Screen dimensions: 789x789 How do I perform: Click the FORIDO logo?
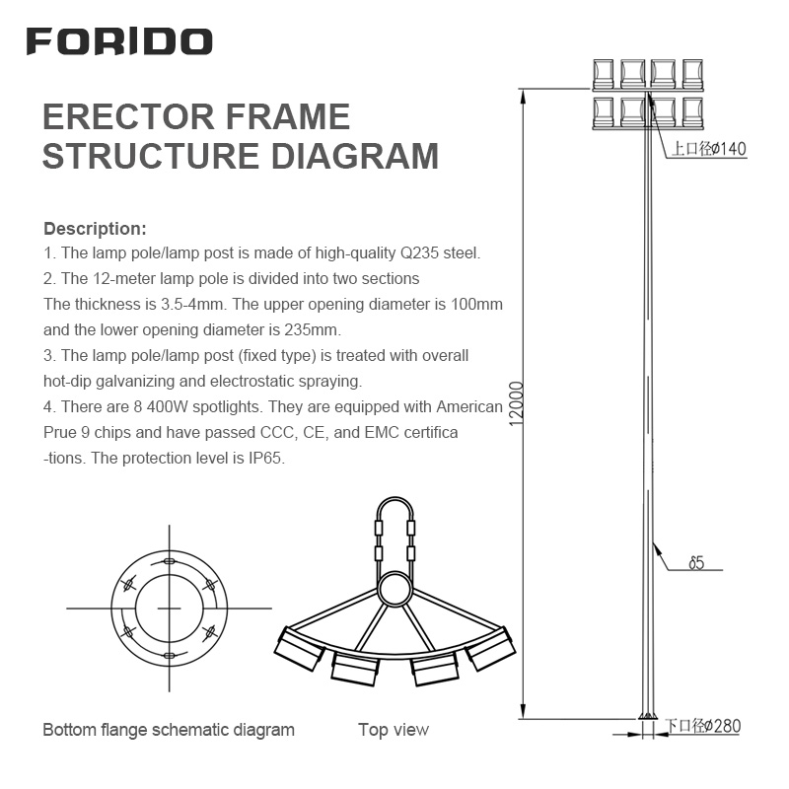tap(118, 41)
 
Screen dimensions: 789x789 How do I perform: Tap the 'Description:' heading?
tap(95, 229)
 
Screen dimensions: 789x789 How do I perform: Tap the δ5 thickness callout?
tap(695, 564)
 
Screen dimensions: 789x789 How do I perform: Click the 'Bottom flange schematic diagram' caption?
tap(168, 730)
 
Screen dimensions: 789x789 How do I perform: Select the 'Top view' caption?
tap(394, 730)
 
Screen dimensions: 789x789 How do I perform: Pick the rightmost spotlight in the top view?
tap(491, 649)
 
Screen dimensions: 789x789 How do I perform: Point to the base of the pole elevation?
tap(647, 716)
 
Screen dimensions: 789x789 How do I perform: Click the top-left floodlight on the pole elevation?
tap(604, 72)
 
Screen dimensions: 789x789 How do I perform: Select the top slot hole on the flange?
tap(168, 560)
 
